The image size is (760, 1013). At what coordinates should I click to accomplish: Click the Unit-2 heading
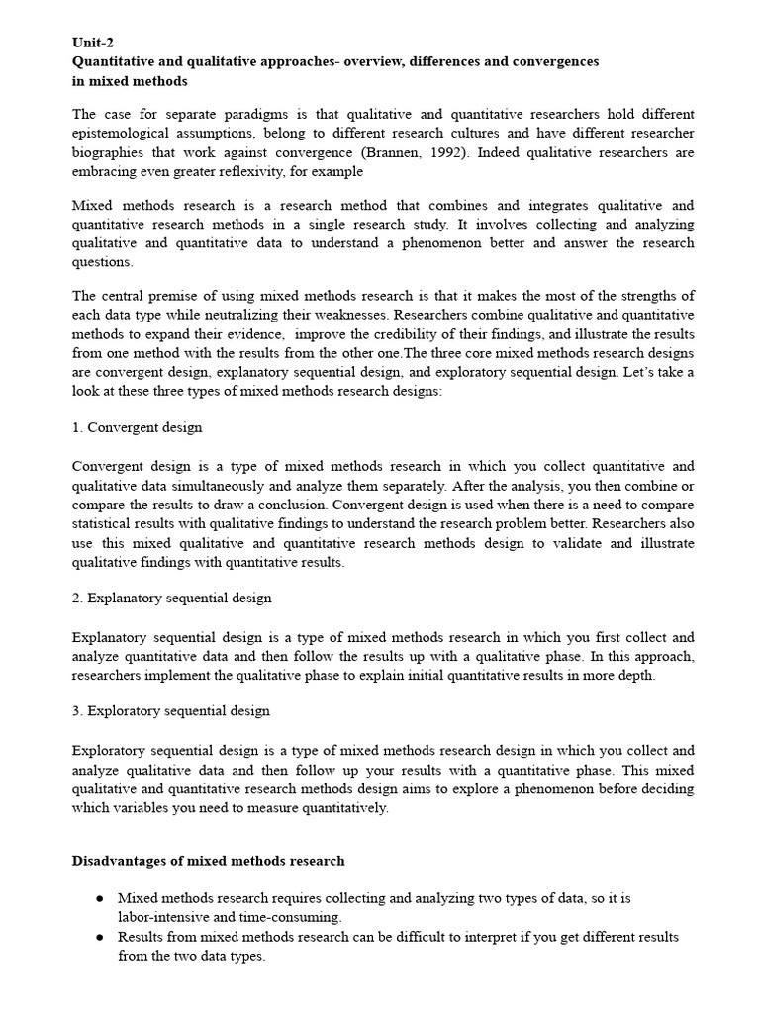[x=94, y=42]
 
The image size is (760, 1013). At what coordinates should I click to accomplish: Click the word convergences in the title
[x=555, y=61]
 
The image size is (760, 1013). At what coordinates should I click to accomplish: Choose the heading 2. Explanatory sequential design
[x=171, y=599]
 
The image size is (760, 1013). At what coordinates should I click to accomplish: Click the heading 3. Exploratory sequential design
[x=170, y=711]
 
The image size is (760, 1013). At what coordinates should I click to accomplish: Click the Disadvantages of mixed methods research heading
[x=208, y=861]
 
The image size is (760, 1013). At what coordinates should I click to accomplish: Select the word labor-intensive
[x=169, y=918]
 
